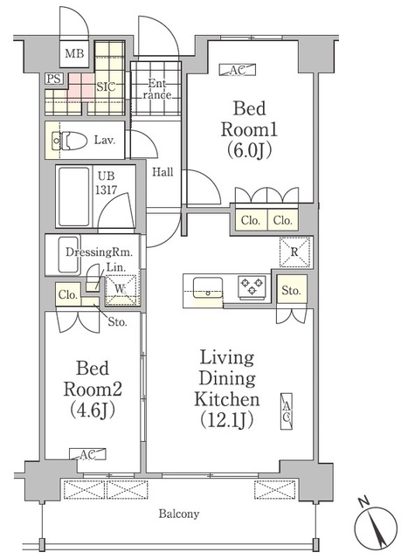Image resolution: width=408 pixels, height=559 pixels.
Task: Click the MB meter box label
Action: coord(74,53)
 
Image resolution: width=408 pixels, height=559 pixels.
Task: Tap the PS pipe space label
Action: coord(54,79)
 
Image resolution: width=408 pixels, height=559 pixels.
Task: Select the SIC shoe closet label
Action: coord(106,86)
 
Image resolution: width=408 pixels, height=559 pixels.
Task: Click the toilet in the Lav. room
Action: coord(70,141)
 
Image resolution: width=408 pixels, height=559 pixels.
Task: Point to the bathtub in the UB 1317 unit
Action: coord(74,197)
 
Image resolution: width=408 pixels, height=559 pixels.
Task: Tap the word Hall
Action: coord(163,172)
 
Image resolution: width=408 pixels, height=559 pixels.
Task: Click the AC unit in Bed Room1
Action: coord(238,70)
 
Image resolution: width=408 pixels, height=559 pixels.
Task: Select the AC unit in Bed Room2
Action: coord(87,454)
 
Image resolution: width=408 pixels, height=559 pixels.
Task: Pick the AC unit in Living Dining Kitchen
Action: coord(287,411)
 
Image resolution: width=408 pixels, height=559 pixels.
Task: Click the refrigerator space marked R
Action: coord(294,252)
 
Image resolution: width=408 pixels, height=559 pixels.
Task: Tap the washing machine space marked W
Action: coord(121,289)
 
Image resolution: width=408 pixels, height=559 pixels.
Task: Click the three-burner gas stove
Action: coord(252,286)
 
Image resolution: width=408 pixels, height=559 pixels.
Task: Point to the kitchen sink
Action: coord(208,287)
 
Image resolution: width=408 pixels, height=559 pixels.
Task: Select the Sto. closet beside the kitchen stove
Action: coord(292,290)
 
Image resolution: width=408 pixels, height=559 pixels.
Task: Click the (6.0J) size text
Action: coord(249,151)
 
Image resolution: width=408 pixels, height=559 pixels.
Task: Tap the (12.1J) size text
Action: coord(227,420)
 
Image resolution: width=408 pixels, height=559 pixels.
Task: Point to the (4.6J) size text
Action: coord(93,410)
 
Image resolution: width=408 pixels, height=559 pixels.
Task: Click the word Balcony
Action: coord(179,514)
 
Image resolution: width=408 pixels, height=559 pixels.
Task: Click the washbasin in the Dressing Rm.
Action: coord(68,255)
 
